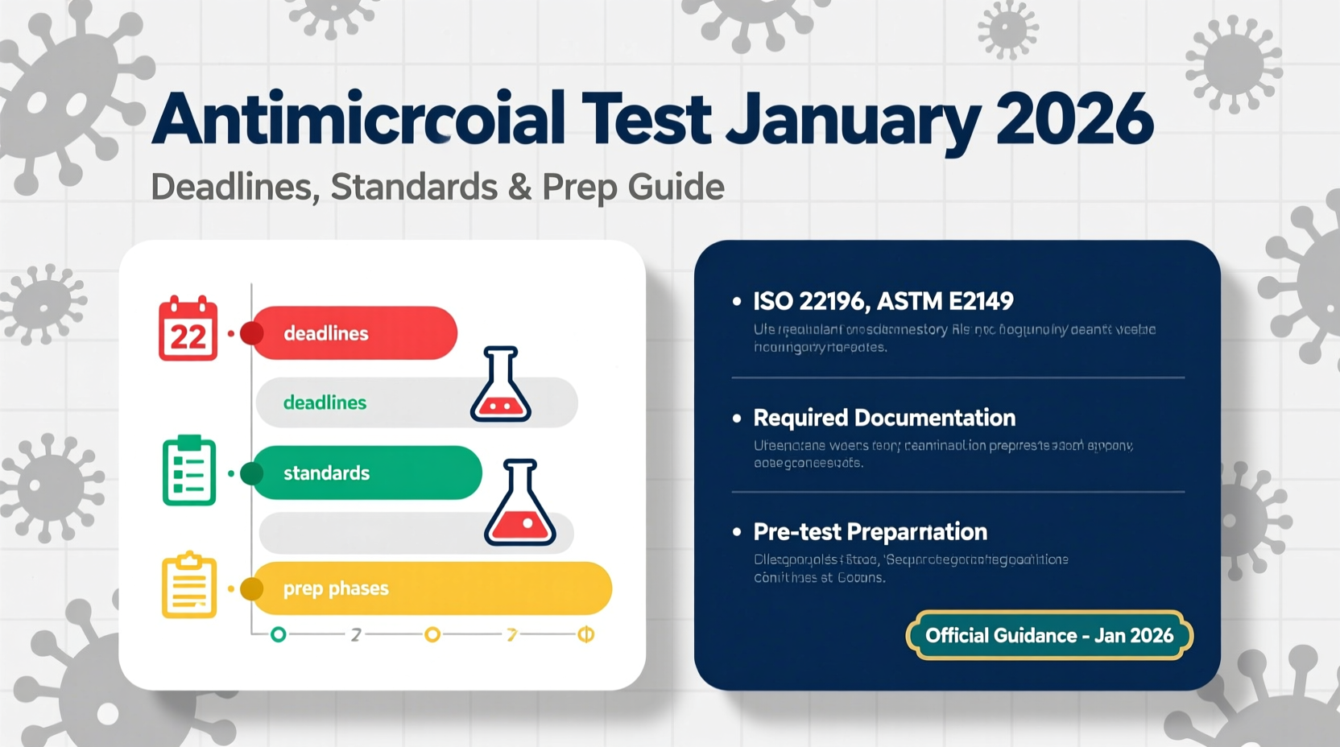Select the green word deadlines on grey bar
[x=325, y=402]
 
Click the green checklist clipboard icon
[x=189, y=471]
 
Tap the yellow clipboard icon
[x=189, y=586]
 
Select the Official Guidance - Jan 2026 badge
[x=1048, y=635]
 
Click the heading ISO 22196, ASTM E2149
[x=883, y=301]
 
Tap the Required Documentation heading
[x=883, y=418]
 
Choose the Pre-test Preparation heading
[x=870, y=532]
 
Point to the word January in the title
[x=852, y=119]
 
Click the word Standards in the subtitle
[x=414, y=187]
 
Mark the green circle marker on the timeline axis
[x=279, y=634]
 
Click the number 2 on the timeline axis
[x=355, y=635]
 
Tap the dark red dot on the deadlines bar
[x=252, y=333]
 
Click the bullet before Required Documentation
[x=736, y=418]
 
